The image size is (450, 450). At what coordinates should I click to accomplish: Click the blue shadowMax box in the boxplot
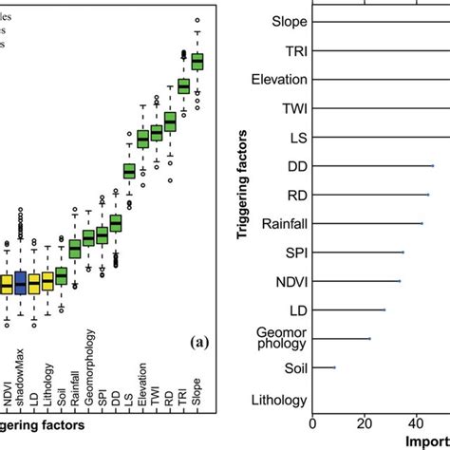pyautogui.click(x=20, y=283)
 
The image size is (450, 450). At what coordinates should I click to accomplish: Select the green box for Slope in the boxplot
pyautogui.click(x=197, y=62)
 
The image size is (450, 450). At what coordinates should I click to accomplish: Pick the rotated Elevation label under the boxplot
pyautogui.click(x=143, y=383)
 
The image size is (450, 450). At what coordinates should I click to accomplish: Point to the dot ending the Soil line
pyautogui.click(x=334, y=367)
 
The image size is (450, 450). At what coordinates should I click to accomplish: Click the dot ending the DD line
pyautogui.click(x=432, y=166)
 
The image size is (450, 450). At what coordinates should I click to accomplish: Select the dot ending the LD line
pyautogui.click(x=384, y=309)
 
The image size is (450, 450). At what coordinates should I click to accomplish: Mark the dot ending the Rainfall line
pyautogui.click(x=422, y=224)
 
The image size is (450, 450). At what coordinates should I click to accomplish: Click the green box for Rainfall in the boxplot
pyautogui.click(x=75, y=249)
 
